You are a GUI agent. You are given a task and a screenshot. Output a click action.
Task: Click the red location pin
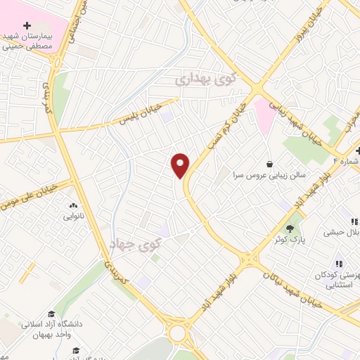pos(181,165)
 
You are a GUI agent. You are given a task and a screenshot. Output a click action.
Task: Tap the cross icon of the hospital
pos(27,25)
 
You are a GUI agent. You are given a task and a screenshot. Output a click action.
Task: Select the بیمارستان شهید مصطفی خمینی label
pos(32,41)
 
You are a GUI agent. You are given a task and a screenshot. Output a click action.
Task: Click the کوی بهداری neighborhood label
pos(211,80)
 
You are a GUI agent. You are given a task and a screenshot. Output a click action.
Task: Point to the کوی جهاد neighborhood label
pos(136,245)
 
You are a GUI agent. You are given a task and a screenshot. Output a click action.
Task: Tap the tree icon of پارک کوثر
pos(290,228)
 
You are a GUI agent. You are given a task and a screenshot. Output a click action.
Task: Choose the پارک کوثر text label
pos(281,240)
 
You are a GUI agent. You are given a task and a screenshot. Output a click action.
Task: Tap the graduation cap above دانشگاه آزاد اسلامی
pos(51,314)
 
